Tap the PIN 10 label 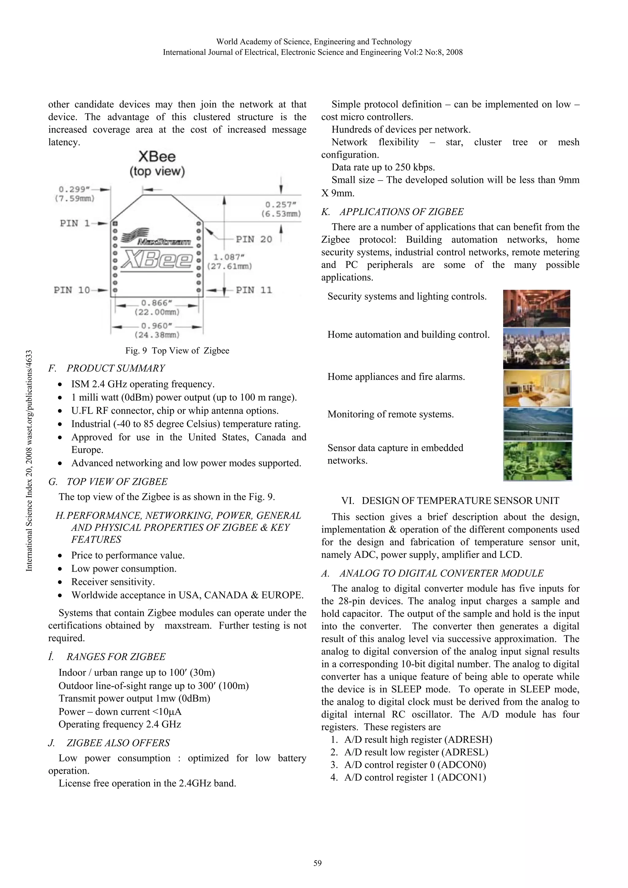(x=72, y=290)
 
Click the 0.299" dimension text (x=74, y=189)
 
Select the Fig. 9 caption (x=177, y=351)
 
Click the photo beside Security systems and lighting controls (x=536, y=308)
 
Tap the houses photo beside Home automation (x=536, y=349)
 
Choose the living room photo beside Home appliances (x=537, y=388)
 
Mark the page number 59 (x=317, y=863)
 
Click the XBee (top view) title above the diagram (x=157, y=164)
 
